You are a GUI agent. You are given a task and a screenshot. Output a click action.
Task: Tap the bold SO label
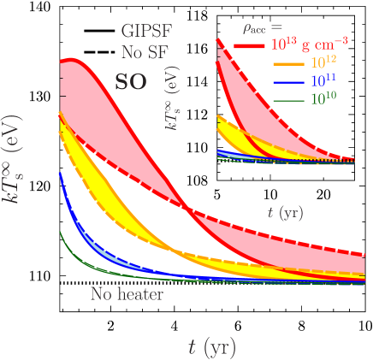[131, 82]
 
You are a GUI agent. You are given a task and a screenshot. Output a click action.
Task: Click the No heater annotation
[127, 295]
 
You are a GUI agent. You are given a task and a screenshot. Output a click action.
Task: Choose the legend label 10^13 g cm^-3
[313, 45]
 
